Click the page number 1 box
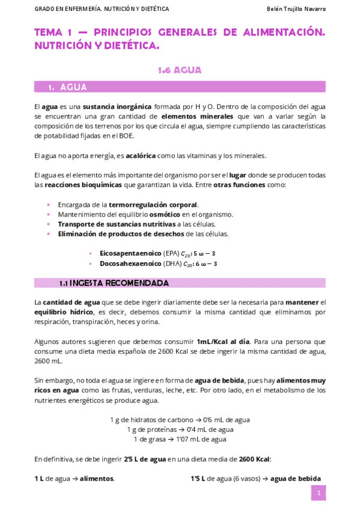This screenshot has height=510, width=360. tap(318, 493)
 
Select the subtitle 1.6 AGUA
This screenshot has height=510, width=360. tap(180, 70)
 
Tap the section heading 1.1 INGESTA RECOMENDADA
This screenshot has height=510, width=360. tap(114, 283)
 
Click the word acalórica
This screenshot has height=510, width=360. tap(140, 156)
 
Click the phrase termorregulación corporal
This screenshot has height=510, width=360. tap(153, 204)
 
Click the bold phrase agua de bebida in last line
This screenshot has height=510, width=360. tap(295, 479)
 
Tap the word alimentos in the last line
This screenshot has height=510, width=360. tap(97, 479)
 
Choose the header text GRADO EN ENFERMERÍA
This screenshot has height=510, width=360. tap(60, 9)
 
